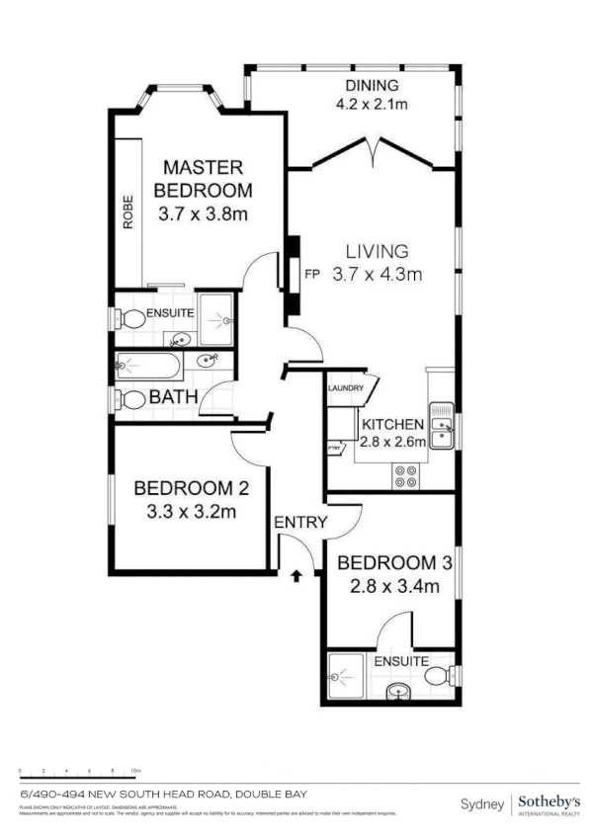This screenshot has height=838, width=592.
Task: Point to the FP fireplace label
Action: point(312,274)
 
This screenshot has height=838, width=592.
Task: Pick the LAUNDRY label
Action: point(345,388)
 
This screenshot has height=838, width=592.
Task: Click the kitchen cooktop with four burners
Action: point(405,476)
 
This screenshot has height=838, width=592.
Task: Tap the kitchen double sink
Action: point(441,426)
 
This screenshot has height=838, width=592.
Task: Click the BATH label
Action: point(174,398)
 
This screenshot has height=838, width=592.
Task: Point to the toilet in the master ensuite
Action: point(128,319)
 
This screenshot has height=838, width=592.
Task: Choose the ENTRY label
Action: point(300,523)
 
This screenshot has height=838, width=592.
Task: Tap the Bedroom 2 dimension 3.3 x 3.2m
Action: point(187,512)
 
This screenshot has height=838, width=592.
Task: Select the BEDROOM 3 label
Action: point(394,563)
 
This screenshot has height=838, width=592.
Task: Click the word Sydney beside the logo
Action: point(481,803)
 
